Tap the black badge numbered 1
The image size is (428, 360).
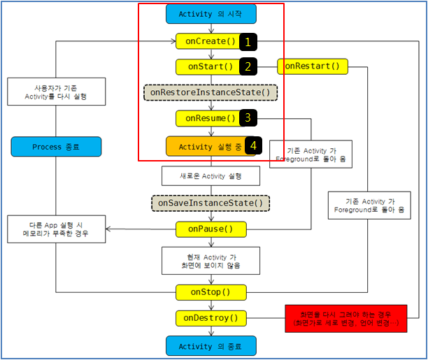[248, 42]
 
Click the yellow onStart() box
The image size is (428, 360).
[207, 67]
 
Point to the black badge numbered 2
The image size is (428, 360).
[248, 67]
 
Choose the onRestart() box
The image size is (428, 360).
[313, 67]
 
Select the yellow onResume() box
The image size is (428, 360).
[207, 118]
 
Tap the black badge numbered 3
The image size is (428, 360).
[248, 118]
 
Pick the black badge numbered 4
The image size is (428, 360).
[253, 146]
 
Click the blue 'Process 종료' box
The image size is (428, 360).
[56, 147]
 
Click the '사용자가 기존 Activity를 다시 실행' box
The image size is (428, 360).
[56, 92]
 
